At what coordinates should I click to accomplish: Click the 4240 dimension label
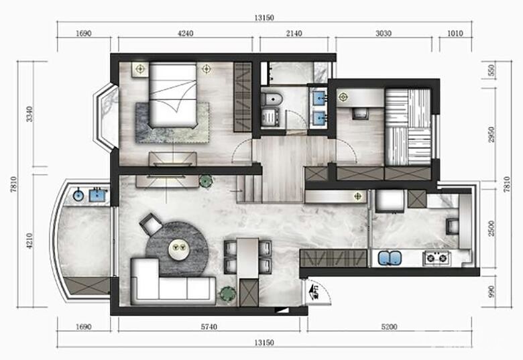(186, 34)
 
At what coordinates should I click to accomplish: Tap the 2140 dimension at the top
(294, 34)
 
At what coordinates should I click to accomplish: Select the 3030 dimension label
(384, 34)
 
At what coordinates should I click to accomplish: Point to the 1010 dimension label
(455, 34)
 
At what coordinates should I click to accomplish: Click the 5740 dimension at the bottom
(209, 327)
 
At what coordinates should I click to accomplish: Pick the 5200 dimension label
(389, 327)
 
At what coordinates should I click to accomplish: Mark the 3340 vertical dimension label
(30, 114)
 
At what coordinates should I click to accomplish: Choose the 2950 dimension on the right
(491, 135)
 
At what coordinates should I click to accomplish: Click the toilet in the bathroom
(271, 99)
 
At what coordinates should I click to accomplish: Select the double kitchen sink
(390, 258)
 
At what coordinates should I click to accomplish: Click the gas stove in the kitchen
(437, 258)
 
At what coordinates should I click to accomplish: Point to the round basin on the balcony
(78, 195)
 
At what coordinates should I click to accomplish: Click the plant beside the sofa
(227, 294)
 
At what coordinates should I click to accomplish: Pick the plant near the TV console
(205, 181)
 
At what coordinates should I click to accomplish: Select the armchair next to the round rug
(151, 224)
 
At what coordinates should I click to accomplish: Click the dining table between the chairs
(248, 257)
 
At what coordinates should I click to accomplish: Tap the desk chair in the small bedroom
(360, 114)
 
